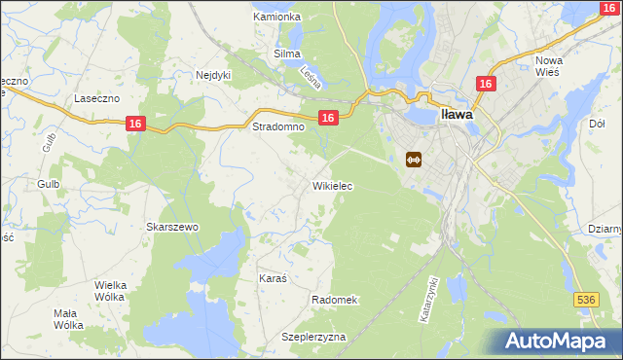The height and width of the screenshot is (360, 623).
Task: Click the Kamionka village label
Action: pyautogui.click(x=277, y=18)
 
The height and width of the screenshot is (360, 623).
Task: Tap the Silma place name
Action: pyautogui.click(x=286, y=54)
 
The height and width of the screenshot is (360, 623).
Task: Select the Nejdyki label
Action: pyautogui.click(x=213, y=74)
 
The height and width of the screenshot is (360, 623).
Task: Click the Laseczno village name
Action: pyautogui.click(x=96, y=99)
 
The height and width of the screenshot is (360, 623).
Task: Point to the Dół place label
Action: pyautogui.click(x=598, y=124)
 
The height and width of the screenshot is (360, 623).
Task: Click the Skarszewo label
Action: pyautogui.click(x=172, y=227)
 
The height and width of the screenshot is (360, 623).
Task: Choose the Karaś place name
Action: pyautogui.click(x=273, y=278)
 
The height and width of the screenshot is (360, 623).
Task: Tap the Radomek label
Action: pyautogui.click(x=335, y=301)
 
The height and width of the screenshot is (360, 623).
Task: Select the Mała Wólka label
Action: pyautogui.click(x=68, y=320)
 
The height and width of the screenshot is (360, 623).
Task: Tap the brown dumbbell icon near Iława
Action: pyautogui.click(x=413, y=160)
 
